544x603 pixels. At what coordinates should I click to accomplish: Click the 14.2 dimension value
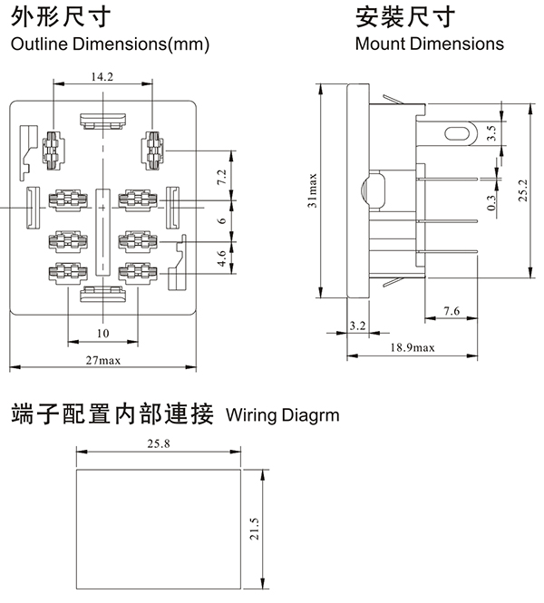102,77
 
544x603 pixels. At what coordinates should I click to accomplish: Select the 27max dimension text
103,360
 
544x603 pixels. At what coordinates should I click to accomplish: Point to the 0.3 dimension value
491,203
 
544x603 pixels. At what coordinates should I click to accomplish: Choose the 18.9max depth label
413,347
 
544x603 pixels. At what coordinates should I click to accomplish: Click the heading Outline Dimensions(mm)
110,44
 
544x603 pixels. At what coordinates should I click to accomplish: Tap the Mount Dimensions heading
430,44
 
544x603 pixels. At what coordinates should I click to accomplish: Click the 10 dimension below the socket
102,334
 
